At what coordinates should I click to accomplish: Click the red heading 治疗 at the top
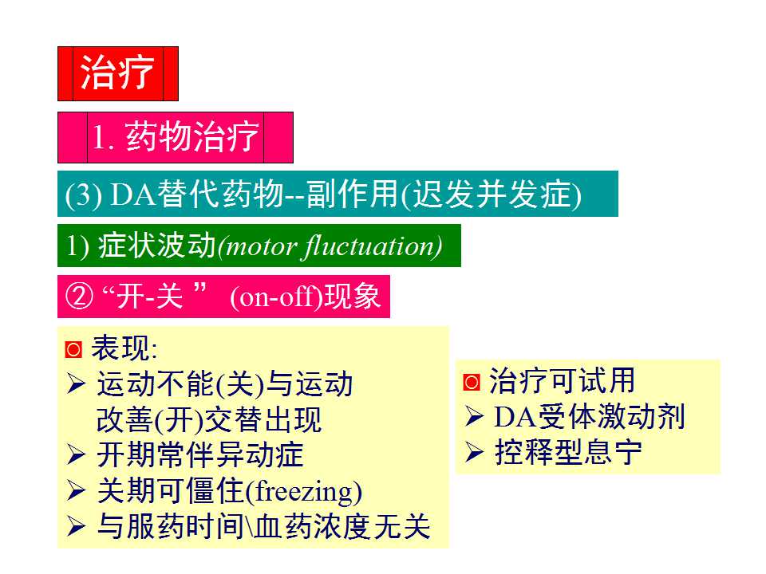point(117,73)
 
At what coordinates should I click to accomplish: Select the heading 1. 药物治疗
point(176,138)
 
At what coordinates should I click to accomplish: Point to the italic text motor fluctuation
point(330,246)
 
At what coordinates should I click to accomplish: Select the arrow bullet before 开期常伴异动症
point(76,456)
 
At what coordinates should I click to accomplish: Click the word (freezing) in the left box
point(302,491)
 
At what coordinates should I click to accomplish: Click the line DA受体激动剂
point(589,417)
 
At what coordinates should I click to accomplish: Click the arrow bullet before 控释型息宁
point(474,452)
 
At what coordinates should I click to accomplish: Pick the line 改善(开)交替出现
point(209,420)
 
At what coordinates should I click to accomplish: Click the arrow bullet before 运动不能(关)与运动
point(76,385)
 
